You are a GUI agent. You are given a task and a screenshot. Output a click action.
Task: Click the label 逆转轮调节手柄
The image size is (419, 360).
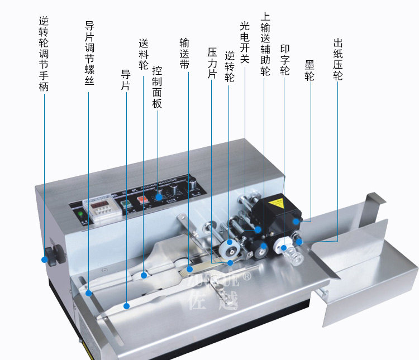click(x=44, y=54)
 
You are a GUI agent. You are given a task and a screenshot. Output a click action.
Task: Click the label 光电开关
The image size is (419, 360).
click(x=244, y=42)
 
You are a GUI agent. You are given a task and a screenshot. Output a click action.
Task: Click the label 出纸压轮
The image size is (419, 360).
click(x=337, y=59)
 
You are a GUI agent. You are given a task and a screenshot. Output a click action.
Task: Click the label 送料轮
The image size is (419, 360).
click(x=144, y=55)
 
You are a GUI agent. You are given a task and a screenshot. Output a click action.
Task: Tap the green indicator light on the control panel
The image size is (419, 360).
click(x=81, y=214)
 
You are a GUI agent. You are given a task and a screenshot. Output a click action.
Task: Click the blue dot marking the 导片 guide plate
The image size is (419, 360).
click(x=127, y=306)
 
